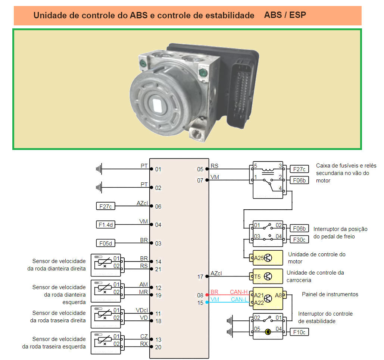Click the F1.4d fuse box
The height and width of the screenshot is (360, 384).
[x=106, y=225]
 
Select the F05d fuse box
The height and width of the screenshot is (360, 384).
[x=106, y=243]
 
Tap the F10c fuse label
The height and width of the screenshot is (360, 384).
[x=299, y=332]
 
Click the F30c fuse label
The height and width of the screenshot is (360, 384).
[x=299, y=239]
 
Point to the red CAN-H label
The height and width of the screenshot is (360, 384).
[x=239, y=292]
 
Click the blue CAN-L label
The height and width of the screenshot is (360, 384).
[x=239, y=299]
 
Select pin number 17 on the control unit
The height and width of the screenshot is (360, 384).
[x=200, y=277]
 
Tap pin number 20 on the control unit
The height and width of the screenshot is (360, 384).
[x=158, y=347]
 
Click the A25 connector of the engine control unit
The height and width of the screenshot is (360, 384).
[x=259, y=258]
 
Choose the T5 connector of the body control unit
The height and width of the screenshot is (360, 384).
[x=257, y=276]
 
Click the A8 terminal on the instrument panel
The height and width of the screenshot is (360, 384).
[x=278, y=295]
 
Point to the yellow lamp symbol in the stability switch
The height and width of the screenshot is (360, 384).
[x=268, y=332]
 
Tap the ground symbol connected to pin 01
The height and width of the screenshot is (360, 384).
[x=99, y=169]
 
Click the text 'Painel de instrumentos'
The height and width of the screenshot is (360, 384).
[x=330, y=294]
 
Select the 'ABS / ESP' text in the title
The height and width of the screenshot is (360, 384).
[x=285, y=15]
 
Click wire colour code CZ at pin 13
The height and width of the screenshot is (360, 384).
[x=144, y=336]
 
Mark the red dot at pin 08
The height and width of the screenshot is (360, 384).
[x=207, y=295]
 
